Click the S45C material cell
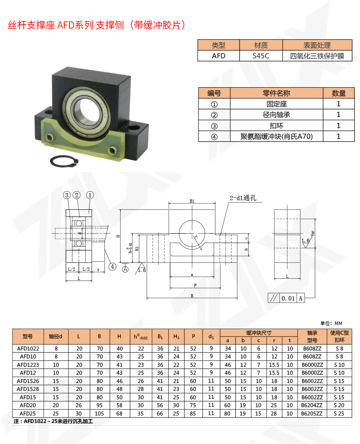(261, 56)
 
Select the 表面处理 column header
(317, 45)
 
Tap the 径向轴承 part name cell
(276, 115)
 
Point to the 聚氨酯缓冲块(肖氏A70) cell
(276, 136)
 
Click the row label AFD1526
(28, 381)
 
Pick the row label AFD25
(28, 413)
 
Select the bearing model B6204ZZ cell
(312, 405)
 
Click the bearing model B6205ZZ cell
(312, 413)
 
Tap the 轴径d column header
(56, 337)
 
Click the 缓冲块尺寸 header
(259, 333)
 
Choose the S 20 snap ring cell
(339, 405)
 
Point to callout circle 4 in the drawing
(113, 266)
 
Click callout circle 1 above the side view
(90, 195)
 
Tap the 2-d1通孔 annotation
(243, 198)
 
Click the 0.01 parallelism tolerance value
(288, 298)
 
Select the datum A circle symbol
(125, 269)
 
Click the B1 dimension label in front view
(192, 201)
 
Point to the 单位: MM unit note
(331, 323)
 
